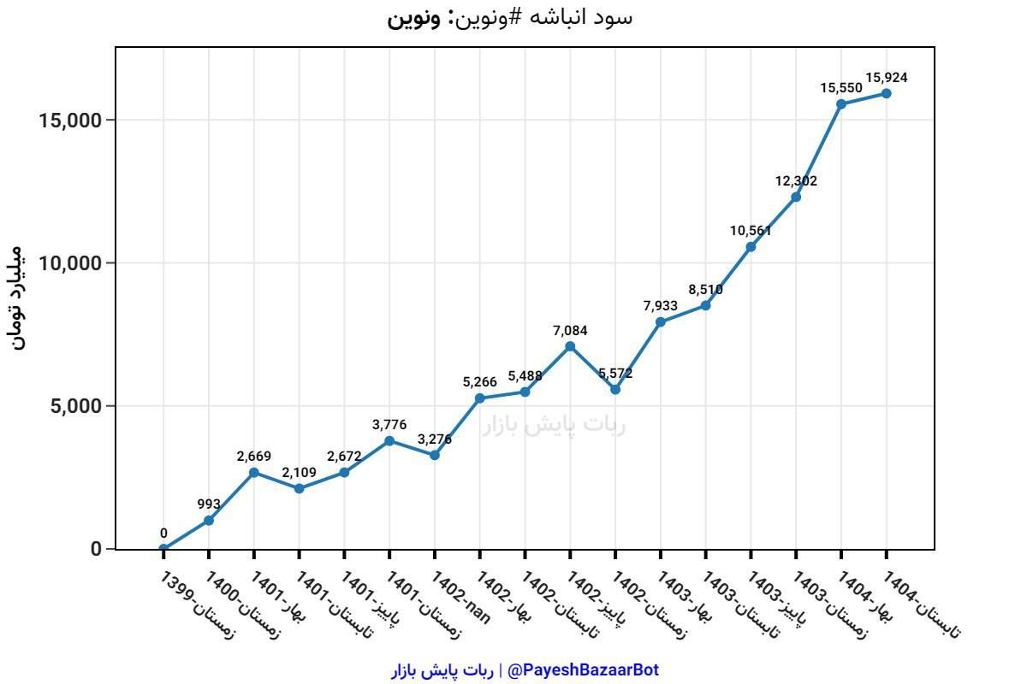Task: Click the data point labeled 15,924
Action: [887, 93]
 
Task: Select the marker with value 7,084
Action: [570, 346]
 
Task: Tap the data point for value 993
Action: [209, 520]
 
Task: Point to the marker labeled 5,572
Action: [615, 389]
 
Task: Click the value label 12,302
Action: [796, 181]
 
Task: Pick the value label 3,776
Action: [389, 424]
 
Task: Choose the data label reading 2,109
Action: [300, 472]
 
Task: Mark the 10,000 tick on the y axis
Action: [71, 263]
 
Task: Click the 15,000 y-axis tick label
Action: [71, 120]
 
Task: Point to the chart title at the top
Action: [510, 17]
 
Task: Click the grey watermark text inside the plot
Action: [554, 425]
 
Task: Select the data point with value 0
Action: [163, 548]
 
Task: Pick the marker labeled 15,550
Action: [841, 103]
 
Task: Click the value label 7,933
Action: [661, 305]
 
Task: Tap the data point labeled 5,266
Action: [480, 398]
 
